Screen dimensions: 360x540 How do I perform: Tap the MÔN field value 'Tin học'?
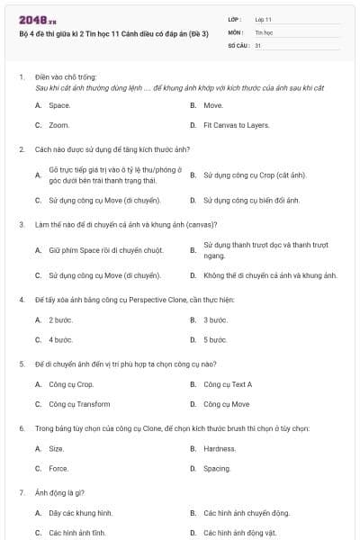click(x=264, y=31)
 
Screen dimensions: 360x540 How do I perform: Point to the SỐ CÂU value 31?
click(x=258, y=44)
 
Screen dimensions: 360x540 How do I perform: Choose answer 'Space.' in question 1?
click(x=59, y=105)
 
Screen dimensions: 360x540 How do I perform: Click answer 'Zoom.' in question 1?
click(x=59, y=125)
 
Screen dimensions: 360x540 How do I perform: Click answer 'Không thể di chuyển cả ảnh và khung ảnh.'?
click(x=270, y=274)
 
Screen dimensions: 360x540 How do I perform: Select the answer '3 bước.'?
click(x=215, y=319)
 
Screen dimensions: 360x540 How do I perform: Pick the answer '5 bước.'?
click(x=215, y=339)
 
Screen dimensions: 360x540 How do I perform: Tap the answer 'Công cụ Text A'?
click(x=228, y=384)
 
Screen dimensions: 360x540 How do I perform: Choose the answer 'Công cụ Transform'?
click(x=79, y=404)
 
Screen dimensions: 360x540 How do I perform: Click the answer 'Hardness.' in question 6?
click(x=220, y=448)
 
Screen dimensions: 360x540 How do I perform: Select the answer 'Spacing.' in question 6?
click(x=217, y=468)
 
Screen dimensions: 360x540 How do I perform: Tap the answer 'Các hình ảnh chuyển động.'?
click(x=247, y=513)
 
